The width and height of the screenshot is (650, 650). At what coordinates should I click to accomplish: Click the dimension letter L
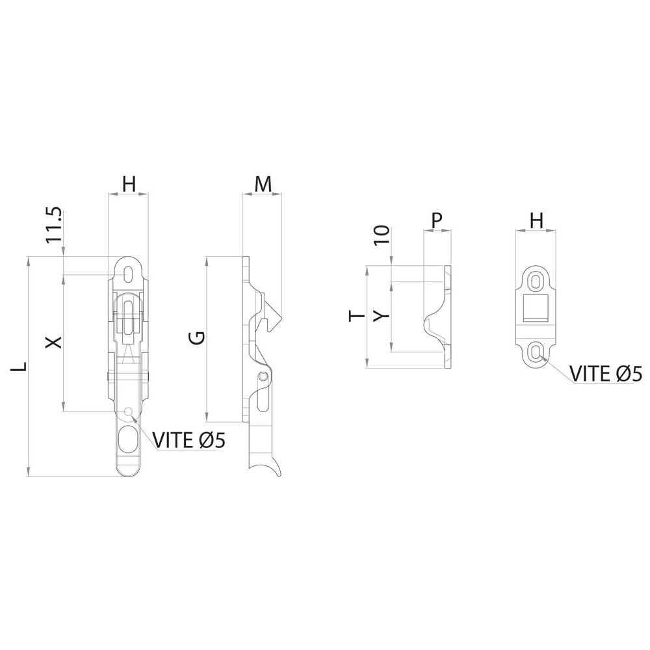[x=19, y=367]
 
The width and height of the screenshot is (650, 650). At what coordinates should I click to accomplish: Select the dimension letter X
[x=53, y=342]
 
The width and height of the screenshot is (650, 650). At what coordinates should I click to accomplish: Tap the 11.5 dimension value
[x=54, y=225]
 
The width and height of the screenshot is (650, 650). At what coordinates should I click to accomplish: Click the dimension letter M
[x=263, y=185]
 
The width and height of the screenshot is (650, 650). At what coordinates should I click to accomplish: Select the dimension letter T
[x=357, y=317]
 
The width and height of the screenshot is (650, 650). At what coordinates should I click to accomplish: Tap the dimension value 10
[x=382, y=235]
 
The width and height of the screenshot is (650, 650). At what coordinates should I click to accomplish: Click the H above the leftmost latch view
[x=129, y=185]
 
